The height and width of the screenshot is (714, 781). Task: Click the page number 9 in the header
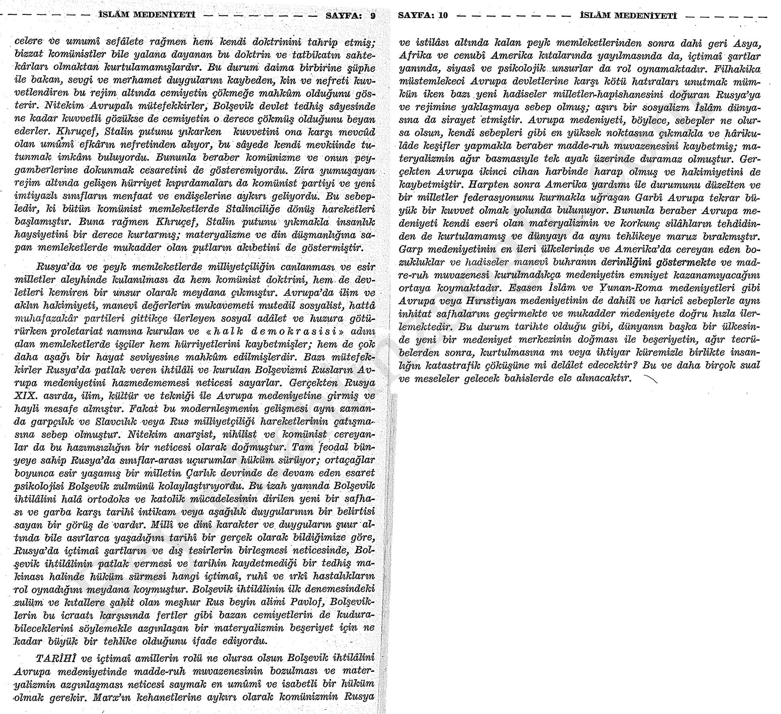click(x=373, y=16)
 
